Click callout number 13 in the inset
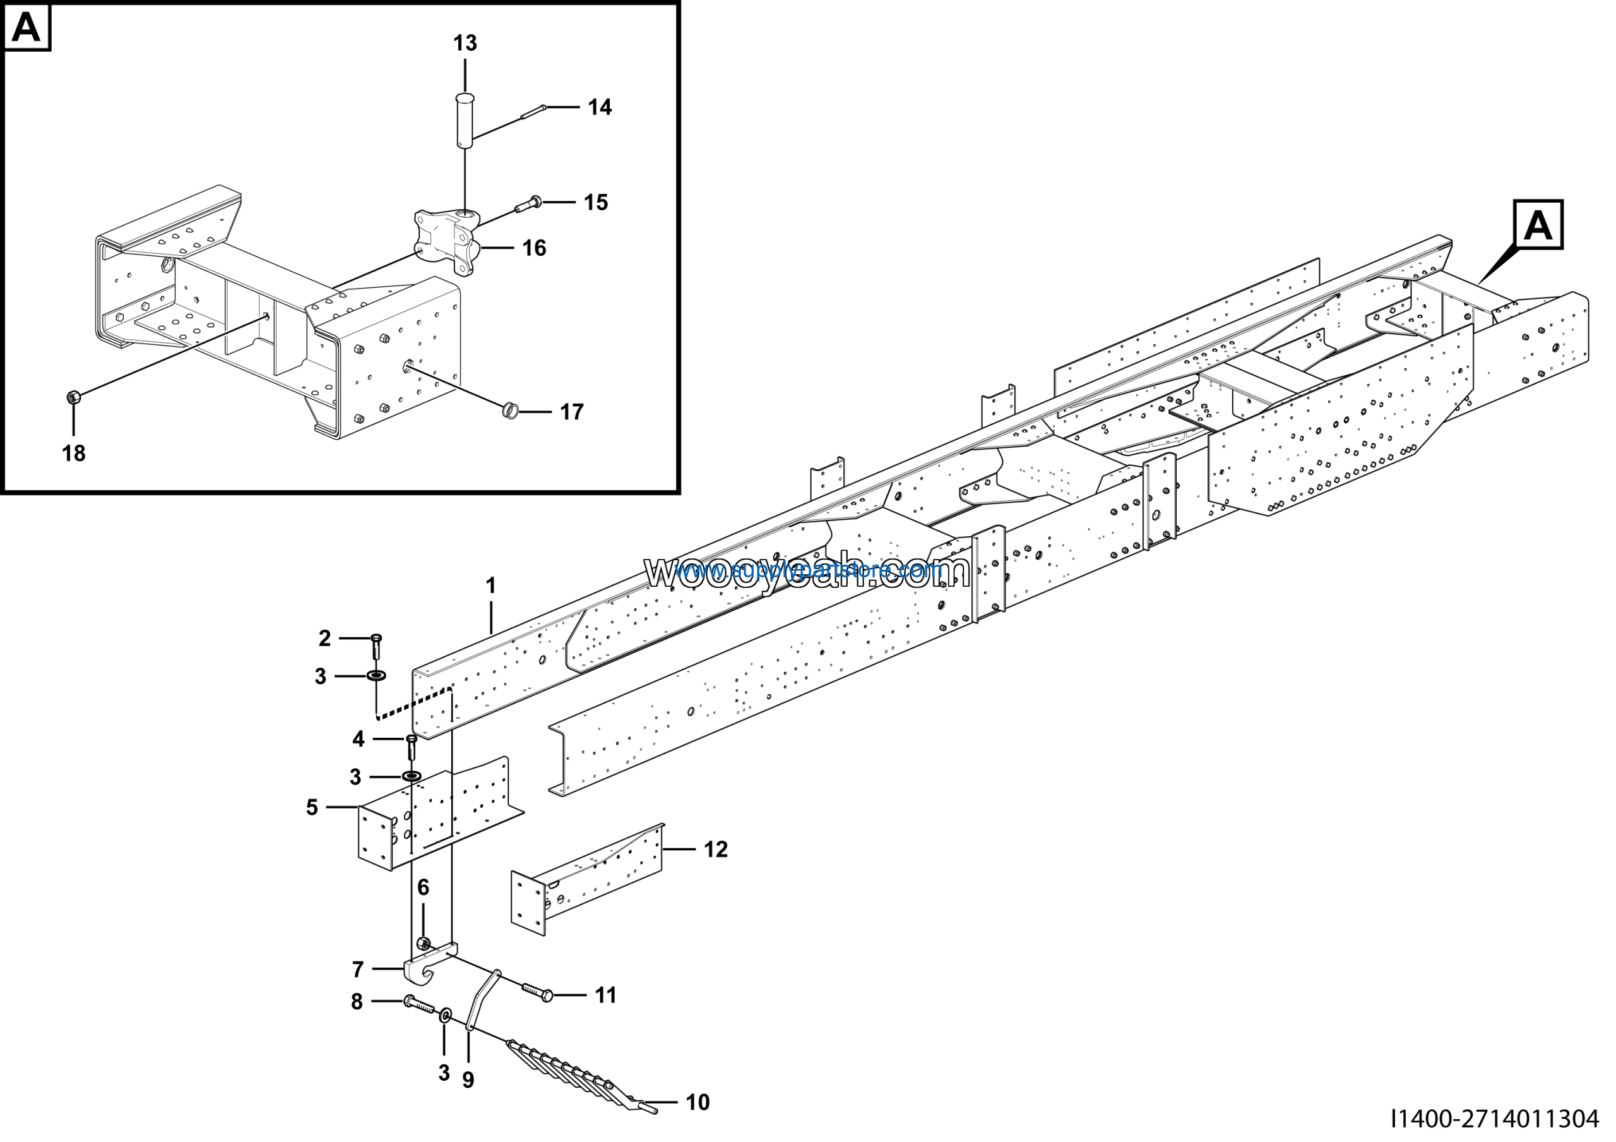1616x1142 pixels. pyautogui.click(x=465, y=44)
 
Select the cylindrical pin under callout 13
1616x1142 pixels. pyautogui.click(x=465, y=121)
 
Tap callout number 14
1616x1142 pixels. pyautogui.click(x=600, y=108)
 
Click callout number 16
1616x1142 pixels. pyautogui.click(x=534, y=248)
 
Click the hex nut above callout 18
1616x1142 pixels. pyautogui.click(x=73, y=398)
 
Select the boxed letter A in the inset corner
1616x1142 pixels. pyautogui.click(x=27, y=27)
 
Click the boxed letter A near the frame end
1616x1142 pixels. pyautogui.click(x=1538, y=225)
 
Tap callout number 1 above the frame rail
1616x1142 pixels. pyautogui.click(x=490, y=586)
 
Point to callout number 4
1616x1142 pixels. pyautogui.click(x=359, y=739)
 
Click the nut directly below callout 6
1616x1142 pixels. pyautogui.click(x=424, y=944)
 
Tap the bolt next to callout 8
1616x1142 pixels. pyautogui.click(x=421, y=1005)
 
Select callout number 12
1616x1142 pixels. pyautogui.click(x=716, y=850)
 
